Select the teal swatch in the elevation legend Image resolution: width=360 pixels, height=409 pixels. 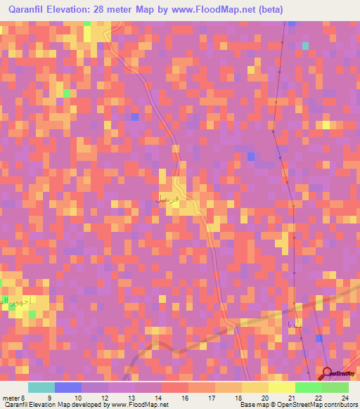point(41,387)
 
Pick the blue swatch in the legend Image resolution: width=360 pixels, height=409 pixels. point(68,387)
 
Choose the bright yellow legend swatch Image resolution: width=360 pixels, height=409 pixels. point(282,387)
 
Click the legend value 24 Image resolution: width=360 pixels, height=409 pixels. point(345,397)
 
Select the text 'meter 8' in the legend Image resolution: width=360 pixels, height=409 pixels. point(15,397)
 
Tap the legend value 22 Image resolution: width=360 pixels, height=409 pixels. point(318,397)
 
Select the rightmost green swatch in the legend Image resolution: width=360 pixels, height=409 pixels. point(335,387)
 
